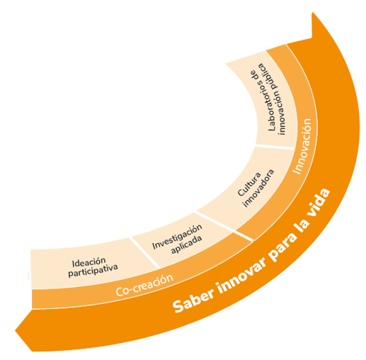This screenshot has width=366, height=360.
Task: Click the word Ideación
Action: (x=88, y=262)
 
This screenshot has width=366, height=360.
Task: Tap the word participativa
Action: (x=93, y=271)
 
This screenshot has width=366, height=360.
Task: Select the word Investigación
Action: (x=177, y=237)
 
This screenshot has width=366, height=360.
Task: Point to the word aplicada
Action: (x=187, y=244)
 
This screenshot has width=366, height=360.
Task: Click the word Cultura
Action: (x=249, y=184)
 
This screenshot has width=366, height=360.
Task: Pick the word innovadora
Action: (x=258, y=189)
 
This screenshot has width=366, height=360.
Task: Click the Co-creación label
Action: (x=144, y=285)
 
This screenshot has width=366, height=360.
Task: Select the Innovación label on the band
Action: (x=303, y=147)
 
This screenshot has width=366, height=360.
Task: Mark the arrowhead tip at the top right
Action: (x=312, y=12)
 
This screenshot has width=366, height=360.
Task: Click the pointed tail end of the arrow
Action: (x=16, y=330)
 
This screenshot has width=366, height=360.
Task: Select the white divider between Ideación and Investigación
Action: (x=144, y=253)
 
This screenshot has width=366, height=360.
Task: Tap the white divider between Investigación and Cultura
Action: (x=224, y=226)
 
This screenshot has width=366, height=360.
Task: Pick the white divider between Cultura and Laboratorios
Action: (x=275, y=147)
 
